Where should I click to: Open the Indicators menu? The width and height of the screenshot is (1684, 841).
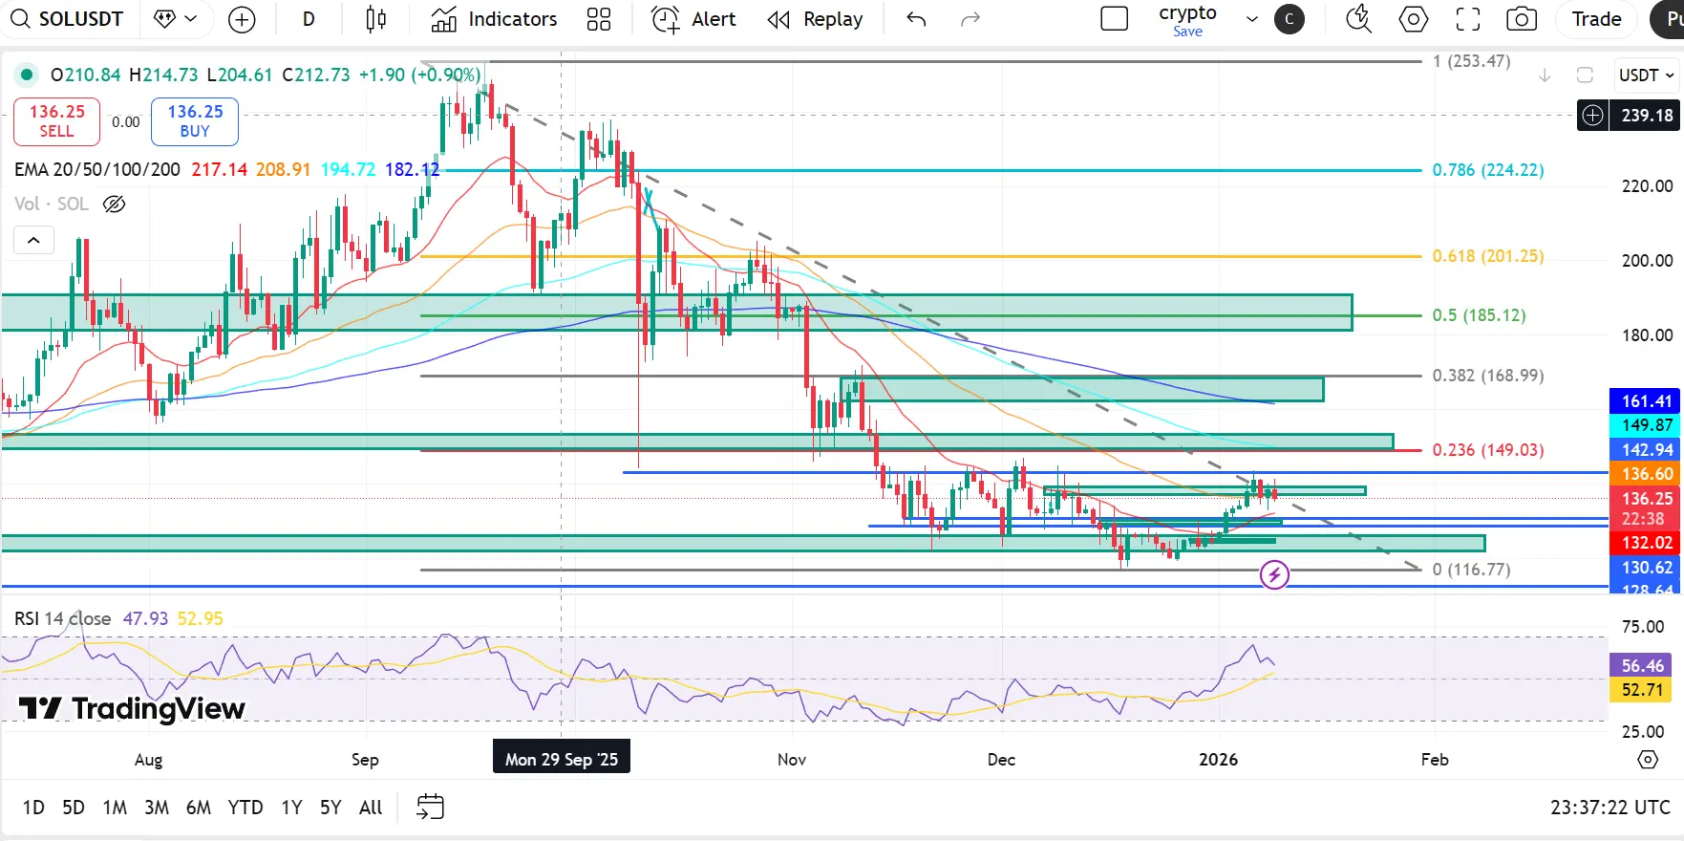(x=494, y=19)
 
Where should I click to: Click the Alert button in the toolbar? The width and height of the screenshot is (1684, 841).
(x=693, y=19)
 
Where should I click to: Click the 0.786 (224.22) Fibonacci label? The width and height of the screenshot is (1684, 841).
(x=1487, y=170)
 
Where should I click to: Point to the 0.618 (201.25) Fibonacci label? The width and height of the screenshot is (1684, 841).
(x=1487, y=256)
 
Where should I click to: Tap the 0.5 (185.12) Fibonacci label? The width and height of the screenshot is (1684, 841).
(x=1479, y=315)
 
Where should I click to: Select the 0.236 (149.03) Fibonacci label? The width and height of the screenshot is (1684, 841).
(x=1487, y=450)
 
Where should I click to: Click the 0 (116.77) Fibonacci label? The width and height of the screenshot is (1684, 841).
(x=1471, y=570)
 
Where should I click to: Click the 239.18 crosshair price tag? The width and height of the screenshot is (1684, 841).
(x=1646, y=116)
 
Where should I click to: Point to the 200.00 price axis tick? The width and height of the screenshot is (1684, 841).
(x=1647, y=261)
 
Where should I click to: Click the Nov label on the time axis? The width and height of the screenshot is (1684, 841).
(x=791, y=760)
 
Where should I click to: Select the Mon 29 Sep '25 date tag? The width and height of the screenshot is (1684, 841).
(x=561, y=760)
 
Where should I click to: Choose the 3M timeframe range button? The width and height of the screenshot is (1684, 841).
(x=157, y=808)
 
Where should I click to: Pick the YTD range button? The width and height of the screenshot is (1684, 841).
(x=245, y=808)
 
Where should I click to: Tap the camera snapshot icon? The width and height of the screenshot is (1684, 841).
(x=1521, y=19)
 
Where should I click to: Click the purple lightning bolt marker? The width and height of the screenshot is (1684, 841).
(x=1274, y=574)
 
